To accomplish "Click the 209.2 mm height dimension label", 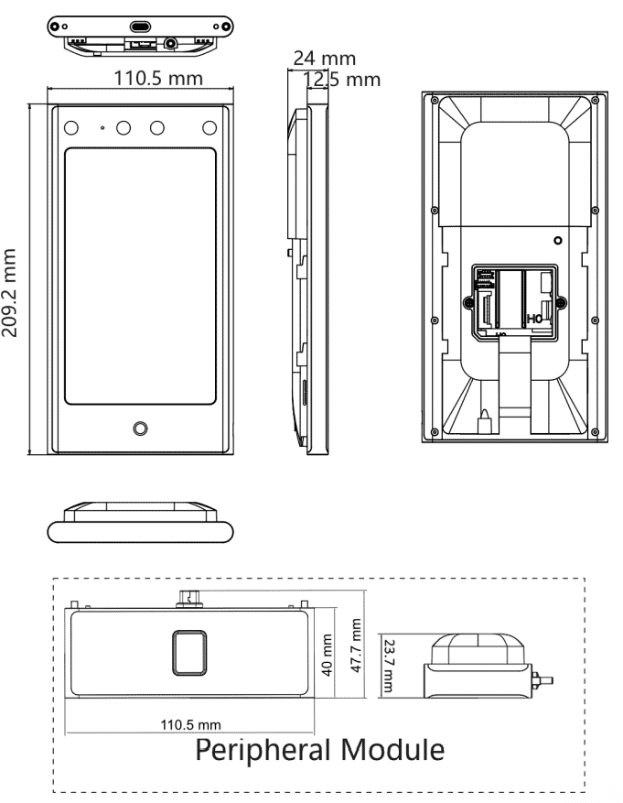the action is click(x=9, y=293).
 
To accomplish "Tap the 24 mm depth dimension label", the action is click(x=324, y=58).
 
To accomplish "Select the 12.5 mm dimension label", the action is click(x=342, y=80).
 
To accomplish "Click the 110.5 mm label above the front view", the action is click(x=158, y=79).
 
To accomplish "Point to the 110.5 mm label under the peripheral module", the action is click(x=191, y=724).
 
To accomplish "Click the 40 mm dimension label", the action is click(x=328, y=655).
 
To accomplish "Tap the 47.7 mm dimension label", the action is click(x=356, y=646).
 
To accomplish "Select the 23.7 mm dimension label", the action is click(x=389, y=666).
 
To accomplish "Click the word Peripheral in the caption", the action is click(x=263, y=750).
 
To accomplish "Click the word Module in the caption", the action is click(x=392, y=749).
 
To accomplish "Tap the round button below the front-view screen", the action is click(x=140, y=429).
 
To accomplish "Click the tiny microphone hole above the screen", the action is click(x=102, y=127).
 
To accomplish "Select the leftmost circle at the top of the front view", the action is click(x=71, y=127).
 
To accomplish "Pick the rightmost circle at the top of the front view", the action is click(x=209, y=127).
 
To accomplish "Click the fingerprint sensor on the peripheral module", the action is click(x=189, y=653).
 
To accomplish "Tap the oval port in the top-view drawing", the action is click(x=140, y=27).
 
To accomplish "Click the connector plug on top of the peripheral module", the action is click(x=189, y=598).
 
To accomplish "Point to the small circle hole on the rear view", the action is click(x=558, y=240).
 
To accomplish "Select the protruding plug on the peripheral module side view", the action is click(x=542, y=680).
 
